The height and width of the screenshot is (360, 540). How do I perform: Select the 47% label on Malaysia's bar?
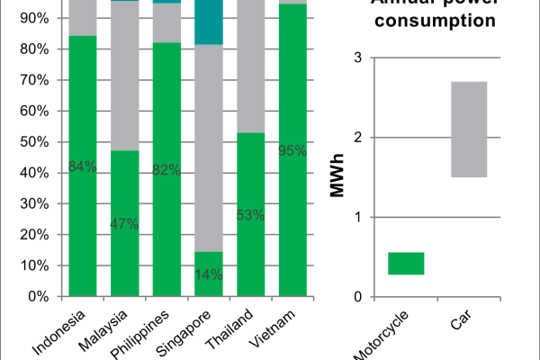pyautogui.click(x=125, y=224)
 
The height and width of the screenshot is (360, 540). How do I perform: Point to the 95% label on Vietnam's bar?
pyautogui.click(x=293, y=150)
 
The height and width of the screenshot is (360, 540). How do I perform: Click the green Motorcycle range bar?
pyautogui.click(x=406, y=263)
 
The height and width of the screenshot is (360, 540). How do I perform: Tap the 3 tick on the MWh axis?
pyautogui.click(x=357, y=58)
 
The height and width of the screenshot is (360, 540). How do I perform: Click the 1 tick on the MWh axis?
pyautogui.click(x=357, y=217)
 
